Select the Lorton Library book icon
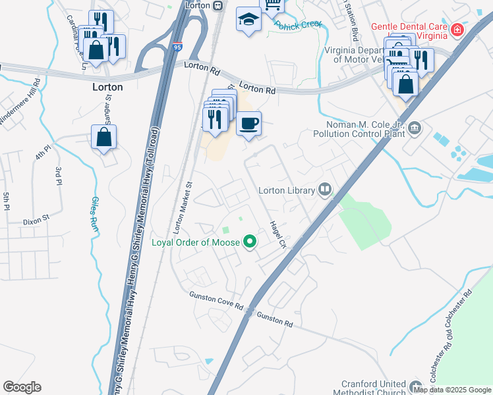coord(324,190)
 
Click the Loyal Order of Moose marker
coord(249,242)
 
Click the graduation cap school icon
coord(248,19)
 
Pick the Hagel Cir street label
coord(275,235)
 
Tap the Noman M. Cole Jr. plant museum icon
coord(415,128)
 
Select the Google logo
coord(22,387)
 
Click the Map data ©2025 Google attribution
coord(452,390)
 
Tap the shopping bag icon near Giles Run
coord(104,137)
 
